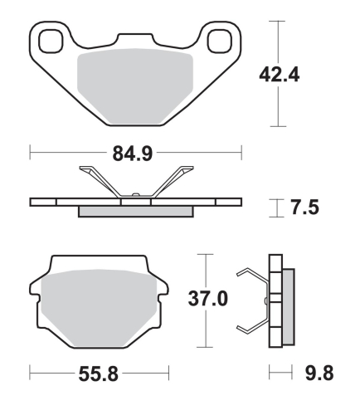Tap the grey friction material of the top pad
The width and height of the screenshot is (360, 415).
(x=135, y=87)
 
